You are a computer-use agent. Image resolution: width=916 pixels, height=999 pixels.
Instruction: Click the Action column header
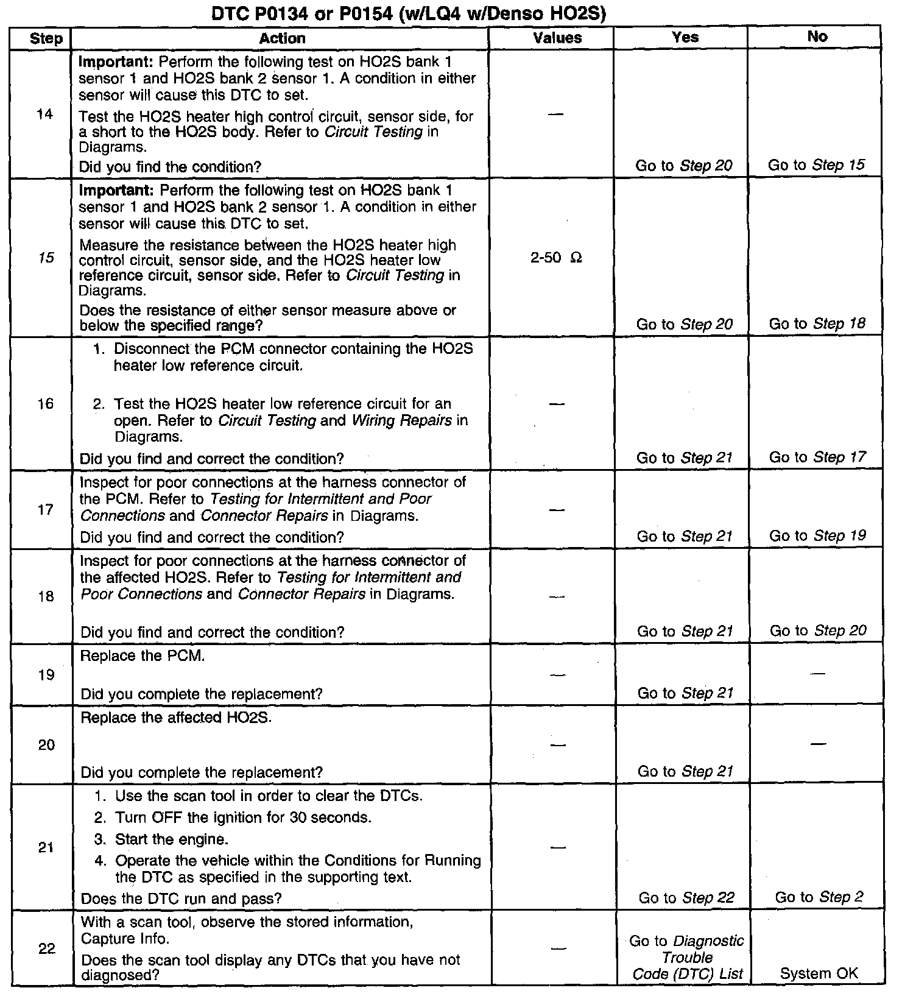coord(282,38)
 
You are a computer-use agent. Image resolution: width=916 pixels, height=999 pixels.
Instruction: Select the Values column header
coord(557,38)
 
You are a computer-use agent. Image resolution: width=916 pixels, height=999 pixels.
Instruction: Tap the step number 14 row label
coord(44,114)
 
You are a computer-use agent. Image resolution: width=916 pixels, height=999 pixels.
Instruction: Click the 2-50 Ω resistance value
coord(555,258)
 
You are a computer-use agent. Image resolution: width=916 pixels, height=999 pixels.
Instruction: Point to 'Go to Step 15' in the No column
coord(816,165)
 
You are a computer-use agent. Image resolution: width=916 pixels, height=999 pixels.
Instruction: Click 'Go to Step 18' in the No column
coord(817,323)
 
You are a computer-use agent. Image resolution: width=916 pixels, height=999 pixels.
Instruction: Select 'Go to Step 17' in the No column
coord(817,457)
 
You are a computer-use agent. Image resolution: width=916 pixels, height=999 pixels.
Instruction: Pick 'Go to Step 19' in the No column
coord(817,535)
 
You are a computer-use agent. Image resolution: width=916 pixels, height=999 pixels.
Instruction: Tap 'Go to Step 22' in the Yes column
coord(686,897)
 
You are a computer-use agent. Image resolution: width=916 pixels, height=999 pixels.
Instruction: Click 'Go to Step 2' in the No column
coord(819,897)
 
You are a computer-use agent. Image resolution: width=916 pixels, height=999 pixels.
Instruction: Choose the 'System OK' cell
coord(819,973)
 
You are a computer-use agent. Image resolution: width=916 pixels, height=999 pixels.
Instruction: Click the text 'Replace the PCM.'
coord(143,656)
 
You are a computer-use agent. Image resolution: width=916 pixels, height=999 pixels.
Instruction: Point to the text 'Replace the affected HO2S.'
coord(176,718)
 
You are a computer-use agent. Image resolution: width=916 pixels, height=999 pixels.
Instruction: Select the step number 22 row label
coord(47,949)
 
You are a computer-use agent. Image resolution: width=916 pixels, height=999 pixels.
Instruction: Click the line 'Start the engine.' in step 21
coord(171,839)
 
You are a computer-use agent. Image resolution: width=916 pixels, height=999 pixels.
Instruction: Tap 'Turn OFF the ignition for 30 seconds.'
coord(242,817)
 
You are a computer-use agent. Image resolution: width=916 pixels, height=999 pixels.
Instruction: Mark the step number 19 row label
coord(46,675)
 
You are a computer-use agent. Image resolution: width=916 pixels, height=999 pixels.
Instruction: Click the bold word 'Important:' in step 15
coord(116,190)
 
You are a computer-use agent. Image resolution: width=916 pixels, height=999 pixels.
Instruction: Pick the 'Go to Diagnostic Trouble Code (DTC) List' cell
coord(687,958)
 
